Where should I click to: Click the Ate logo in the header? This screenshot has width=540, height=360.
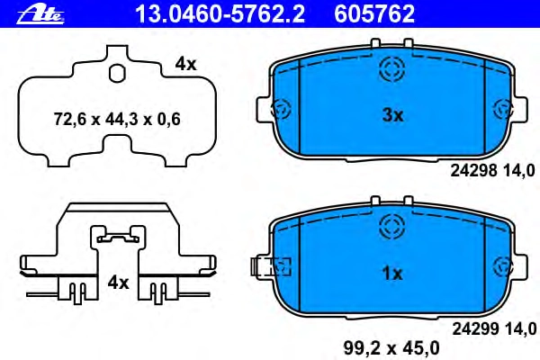40,15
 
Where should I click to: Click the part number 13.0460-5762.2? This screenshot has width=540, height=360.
220,14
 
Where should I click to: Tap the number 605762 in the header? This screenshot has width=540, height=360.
374,14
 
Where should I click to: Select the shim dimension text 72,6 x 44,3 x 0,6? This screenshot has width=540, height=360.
117,120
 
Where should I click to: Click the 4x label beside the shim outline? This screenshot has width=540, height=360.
185,64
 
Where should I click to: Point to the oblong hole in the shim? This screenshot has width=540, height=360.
117,73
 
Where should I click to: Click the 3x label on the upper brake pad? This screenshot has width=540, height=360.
392,115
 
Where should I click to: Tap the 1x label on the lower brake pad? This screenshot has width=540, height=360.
392,274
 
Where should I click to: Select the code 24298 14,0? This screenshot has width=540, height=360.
493,170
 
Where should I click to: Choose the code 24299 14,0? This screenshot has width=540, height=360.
494,328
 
